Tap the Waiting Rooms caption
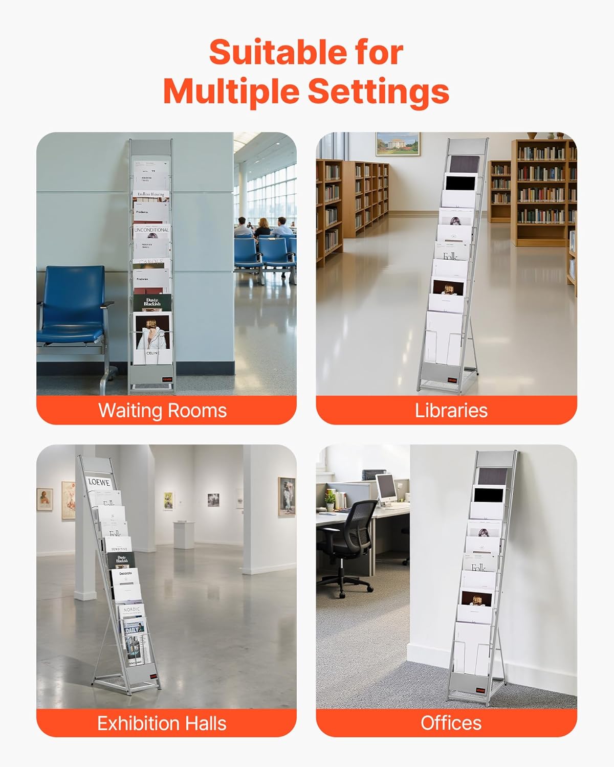coord(162,411)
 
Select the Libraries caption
coord(451,411)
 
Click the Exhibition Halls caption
coord(162,723)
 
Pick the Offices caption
coord(451,723)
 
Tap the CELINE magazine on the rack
coord(152,337)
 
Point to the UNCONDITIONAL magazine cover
coord(151,231)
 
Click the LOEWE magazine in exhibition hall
coord(99,482)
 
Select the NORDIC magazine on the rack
coord(132,610)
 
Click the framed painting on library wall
coord(397,144)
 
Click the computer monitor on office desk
coord(386,487)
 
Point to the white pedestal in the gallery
coord(184,534)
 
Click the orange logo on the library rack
coord(452,380)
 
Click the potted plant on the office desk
coord(331,499)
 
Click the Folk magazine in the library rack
coord(450,255)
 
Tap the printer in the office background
coord(374,474)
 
